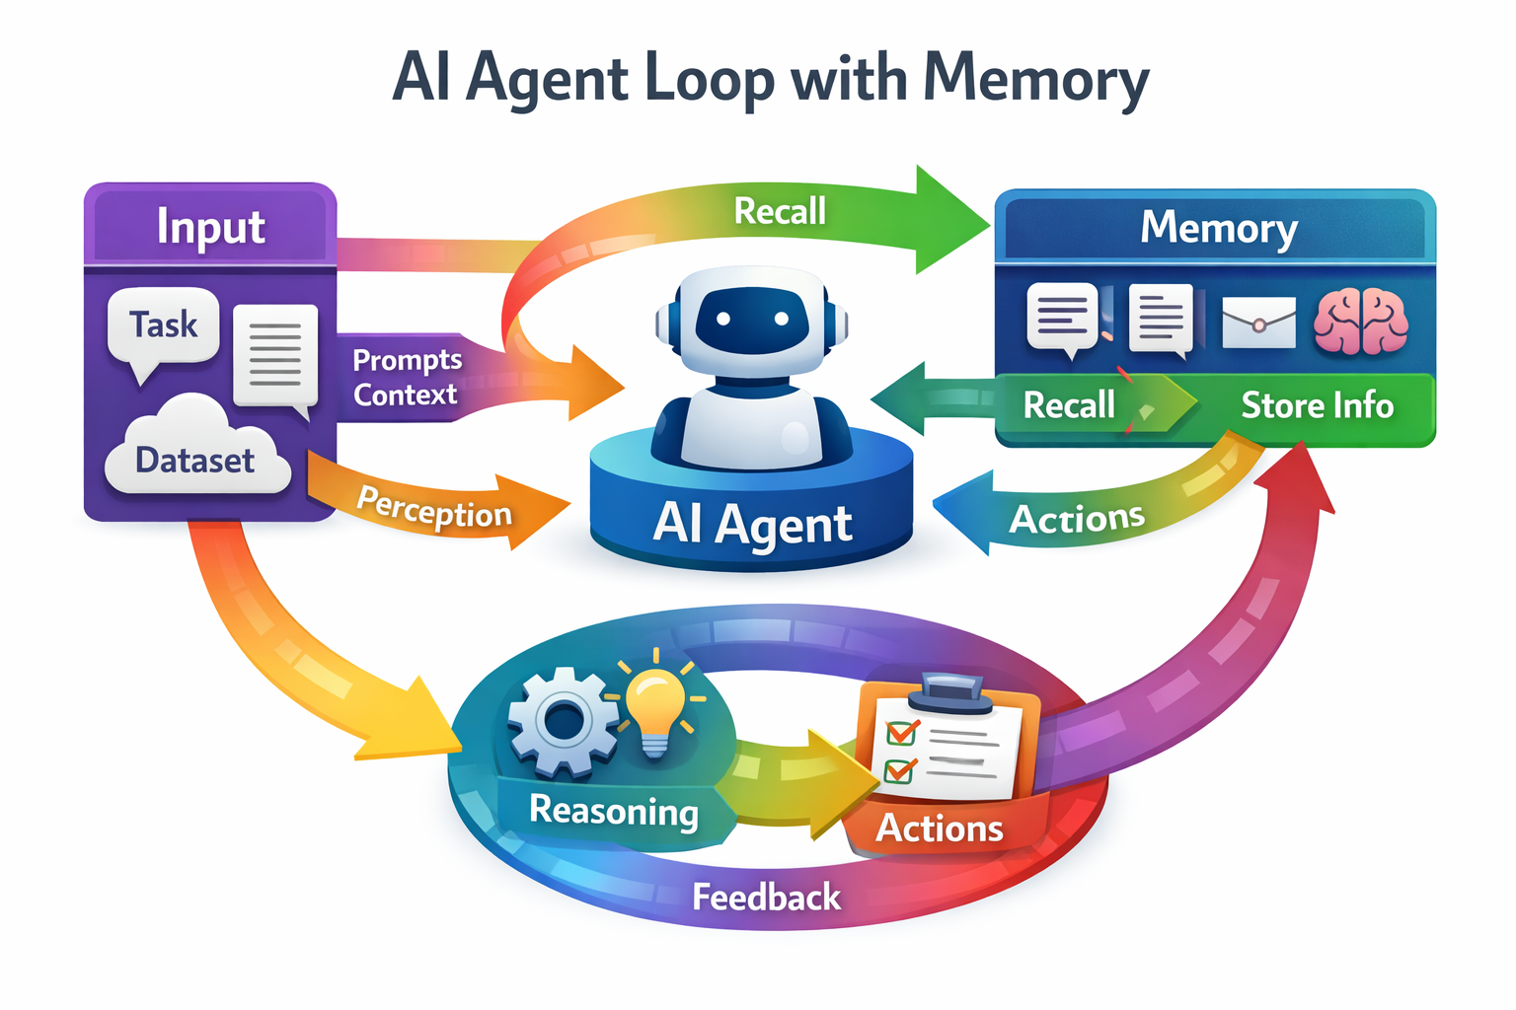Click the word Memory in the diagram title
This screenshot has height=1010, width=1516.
point(1036,79)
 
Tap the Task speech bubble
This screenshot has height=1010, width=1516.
point(164,325)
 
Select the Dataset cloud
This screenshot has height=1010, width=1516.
point(195,458)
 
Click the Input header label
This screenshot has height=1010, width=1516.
point(210,227)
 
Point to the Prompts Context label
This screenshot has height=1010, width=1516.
point(406,377)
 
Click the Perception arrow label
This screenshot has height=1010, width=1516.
point(434,508)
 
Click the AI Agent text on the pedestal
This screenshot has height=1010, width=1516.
point(752,524)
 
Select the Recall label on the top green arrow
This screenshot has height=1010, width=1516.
point(780,211)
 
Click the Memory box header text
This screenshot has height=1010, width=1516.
point(1218,228)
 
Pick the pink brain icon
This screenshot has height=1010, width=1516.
point(1361,322)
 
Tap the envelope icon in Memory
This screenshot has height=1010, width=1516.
point(1258,323)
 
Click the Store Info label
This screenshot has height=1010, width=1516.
point(1317,405)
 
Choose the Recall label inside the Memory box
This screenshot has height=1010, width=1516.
point(1069,405)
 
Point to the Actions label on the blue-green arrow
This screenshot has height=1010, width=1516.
point(1077,519)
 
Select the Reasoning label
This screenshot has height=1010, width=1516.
point(614,811)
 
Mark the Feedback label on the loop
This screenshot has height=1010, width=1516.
point(766,898)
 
